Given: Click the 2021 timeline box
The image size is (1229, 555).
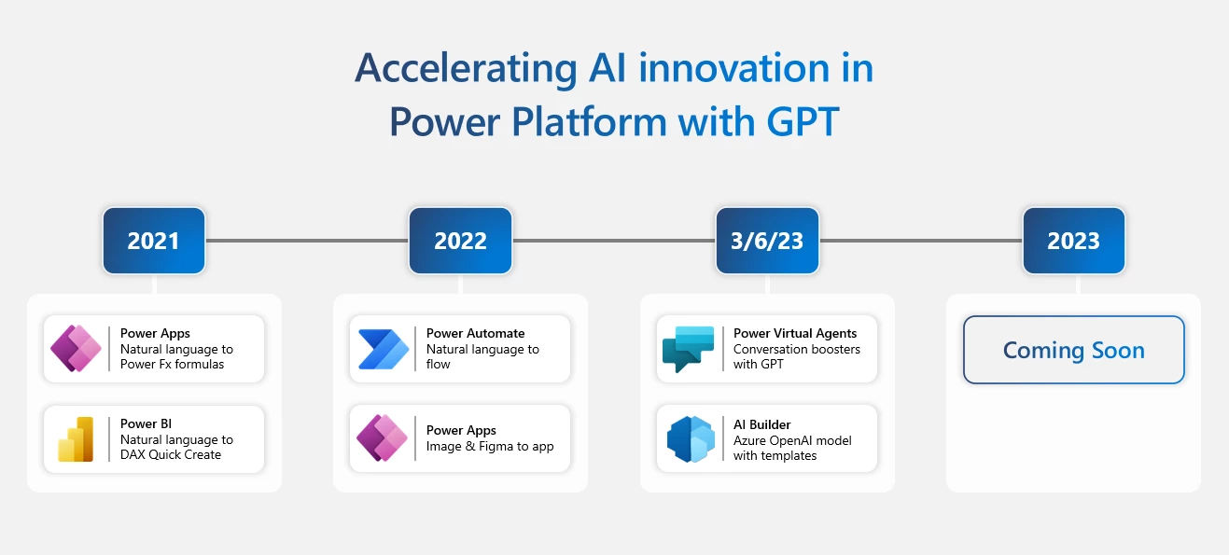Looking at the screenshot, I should coord(154,241).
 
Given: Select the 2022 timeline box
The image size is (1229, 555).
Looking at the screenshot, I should coord(460,241).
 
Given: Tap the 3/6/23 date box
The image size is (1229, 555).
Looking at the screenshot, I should coord(767,241).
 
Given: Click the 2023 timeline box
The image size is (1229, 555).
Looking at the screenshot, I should coord(1073,241).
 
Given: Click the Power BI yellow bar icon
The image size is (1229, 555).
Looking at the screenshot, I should coord(77,439).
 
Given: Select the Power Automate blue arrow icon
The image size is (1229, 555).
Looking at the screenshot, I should coord(383,349).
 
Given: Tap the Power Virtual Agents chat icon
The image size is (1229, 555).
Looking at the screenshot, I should coord(689,349).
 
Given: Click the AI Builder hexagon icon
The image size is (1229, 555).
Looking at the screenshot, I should coord(690,439).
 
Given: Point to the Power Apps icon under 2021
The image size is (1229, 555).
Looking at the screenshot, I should coord(77,349).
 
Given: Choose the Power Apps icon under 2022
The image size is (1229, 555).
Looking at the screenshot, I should coord(383,438).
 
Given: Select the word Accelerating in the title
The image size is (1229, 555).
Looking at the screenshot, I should coord(465,69).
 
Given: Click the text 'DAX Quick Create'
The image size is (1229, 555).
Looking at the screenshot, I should coord(171,455).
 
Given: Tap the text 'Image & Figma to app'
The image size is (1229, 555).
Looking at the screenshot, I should coord(490,446).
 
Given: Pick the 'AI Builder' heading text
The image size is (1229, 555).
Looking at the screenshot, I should coord(761,424).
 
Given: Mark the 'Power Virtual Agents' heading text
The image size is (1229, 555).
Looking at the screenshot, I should coord(794,333).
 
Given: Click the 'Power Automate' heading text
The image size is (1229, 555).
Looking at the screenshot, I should coord(475,333).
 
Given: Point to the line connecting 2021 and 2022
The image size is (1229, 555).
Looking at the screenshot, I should coord(307,241).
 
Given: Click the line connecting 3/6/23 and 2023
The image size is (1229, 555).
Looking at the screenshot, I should coord(920,241).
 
